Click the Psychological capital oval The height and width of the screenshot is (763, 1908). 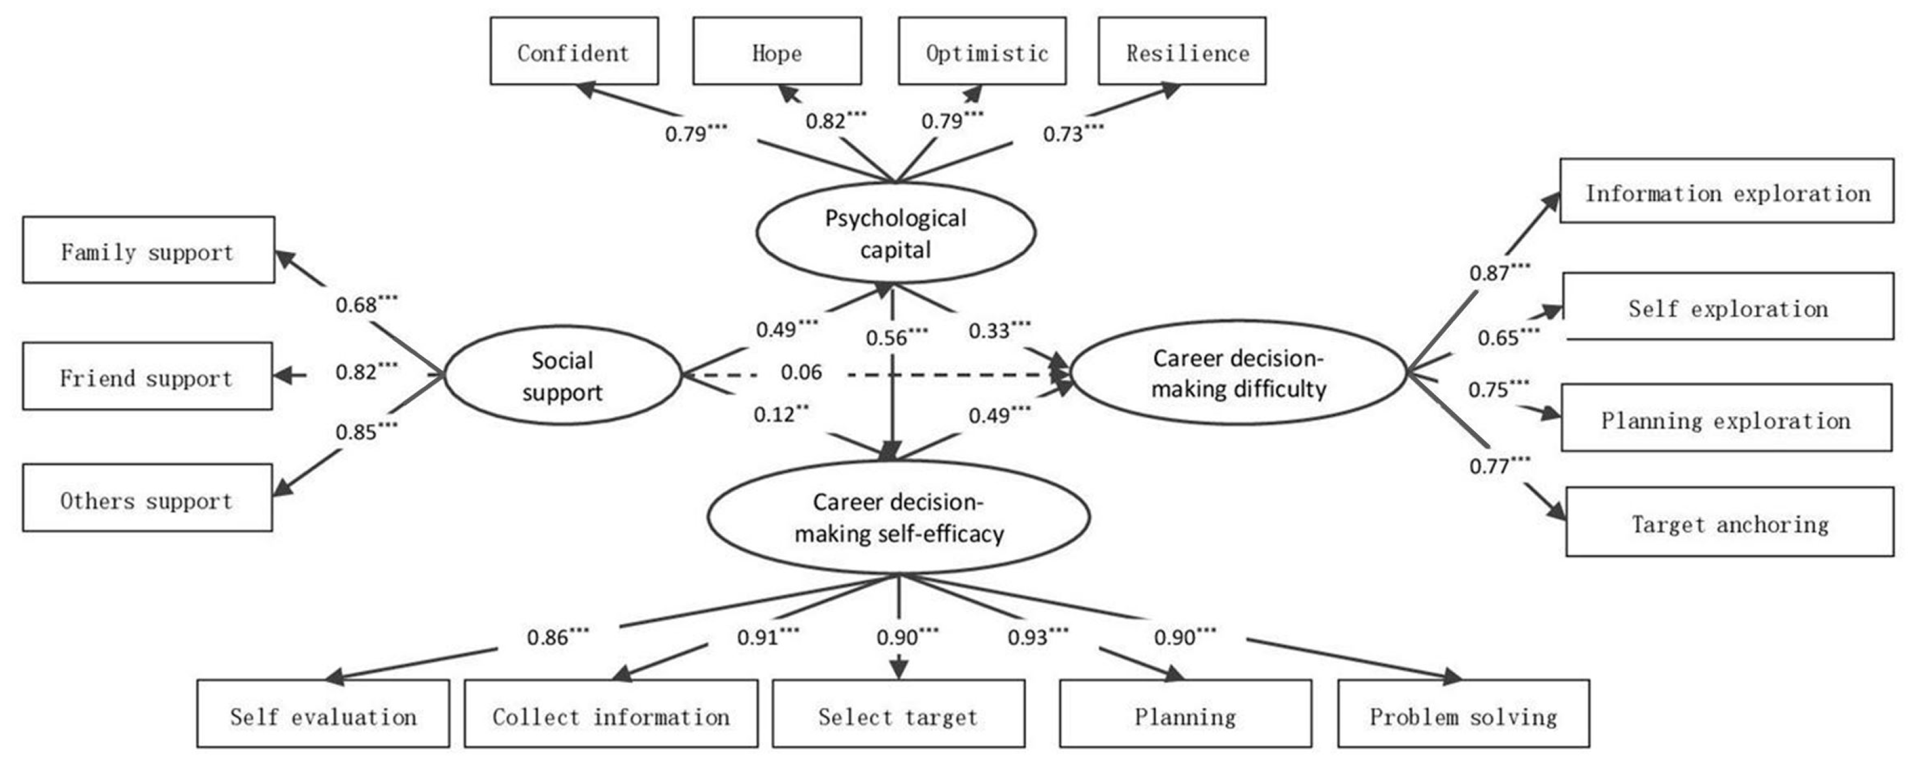(895, 233)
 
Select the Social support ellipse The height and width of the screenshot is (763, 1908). (562, 376)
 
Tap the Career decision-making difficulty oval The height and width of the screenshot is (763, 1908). (1239, 373)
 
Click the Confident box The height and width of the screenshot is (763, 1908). (574, 52)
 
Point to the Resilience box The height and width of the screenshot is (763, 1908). (1182, 52)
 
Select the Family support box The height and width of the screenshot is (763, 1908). (148, 250)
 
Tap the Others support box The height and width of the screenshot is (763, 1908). (147, 498)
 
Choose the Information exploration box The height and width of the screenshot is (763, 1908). (1727, 191)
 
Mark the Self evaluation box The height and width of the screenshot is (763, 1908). (323, 714)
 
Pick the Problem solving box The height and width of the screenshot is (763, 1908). (1463, 714)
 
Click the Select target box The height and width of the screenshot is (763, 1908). (898, 714)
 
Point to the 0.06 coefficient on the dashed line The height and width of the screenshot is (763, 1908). (801, 372)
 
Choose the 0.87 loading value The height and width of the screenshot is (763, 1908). (1490, 273)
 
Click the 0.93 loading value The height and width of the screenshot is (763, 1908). (1028, 637)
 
